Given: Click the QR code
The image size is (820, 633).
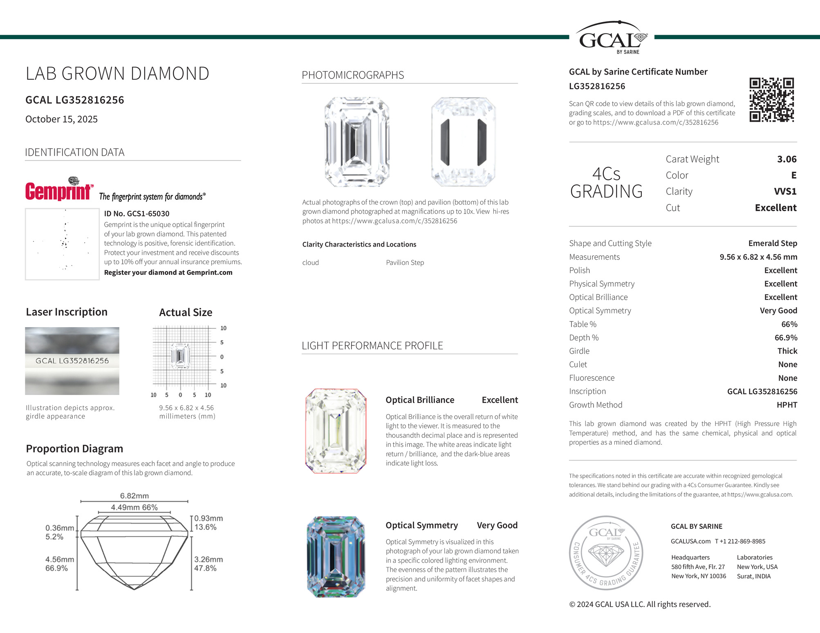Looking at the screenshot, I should [771, 100].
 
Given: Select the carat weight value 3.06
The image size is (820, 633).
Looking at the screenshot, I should [786, 159].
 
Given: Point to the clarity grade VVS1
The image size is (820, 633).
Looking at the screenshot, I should [785, 192].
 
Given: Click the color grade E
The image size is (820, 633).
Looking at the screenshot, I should [793, 175].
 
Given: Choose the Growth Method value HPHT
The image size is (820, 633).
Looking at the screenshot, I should [786, 405].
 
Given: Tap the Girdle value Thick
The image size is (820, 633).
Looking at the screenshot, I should [787, 351].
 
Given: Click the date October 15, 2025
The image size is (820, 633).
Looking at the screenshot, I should [61, 119].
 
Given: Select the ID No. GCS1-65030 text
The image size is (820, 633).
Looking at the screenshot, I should [137, 214].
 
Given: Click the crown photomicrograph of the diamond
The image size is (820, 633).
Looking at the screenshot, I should [357, 142].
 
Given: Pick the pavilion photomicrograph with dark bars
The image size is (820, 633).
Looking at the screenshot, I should [463, 142].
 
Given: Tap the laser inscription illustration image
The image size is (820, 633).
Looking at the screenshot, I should [72, 361].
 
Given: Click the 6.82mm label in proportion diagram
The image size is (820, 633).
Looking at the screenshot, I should [134, 496].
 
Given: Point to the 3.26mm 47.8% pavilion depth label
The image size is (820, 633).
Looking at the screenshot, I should [208, 564].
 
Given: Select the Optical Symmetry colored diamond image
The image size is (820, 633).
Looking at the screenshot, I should [336, 556].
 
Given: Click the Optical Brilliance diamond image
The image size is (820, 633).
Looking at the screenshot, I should [336, 431].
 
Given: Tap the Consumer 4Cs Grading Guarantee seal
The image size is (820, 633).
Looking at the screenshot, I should [606, 553].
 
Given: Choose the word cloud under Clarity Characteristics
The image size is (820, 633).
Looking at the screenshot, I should [310, 263].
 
